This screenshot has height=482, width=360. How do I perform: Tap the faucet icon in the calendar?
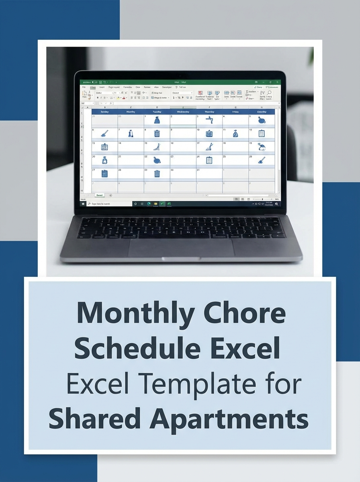point(209,120)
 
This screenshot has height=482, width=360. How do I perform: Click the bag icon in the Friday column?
point(235,134)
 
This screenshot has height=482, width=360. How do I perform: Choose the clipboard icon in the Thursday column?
point(209,160)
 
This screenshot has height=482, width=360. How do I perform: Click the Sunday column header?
point(104,112)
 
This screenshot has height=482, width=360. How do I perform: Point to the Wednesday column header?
point(183,112)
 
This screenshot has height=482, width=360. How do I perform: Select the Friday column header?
point(235,112)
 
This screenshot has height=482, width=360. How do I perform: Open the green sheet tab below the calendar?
point(99,195)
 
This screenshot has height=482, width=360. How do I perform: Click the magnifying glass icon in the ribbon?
point(269,93)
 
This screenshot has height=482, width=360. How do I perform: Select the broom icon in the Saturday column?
point(262,160)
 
